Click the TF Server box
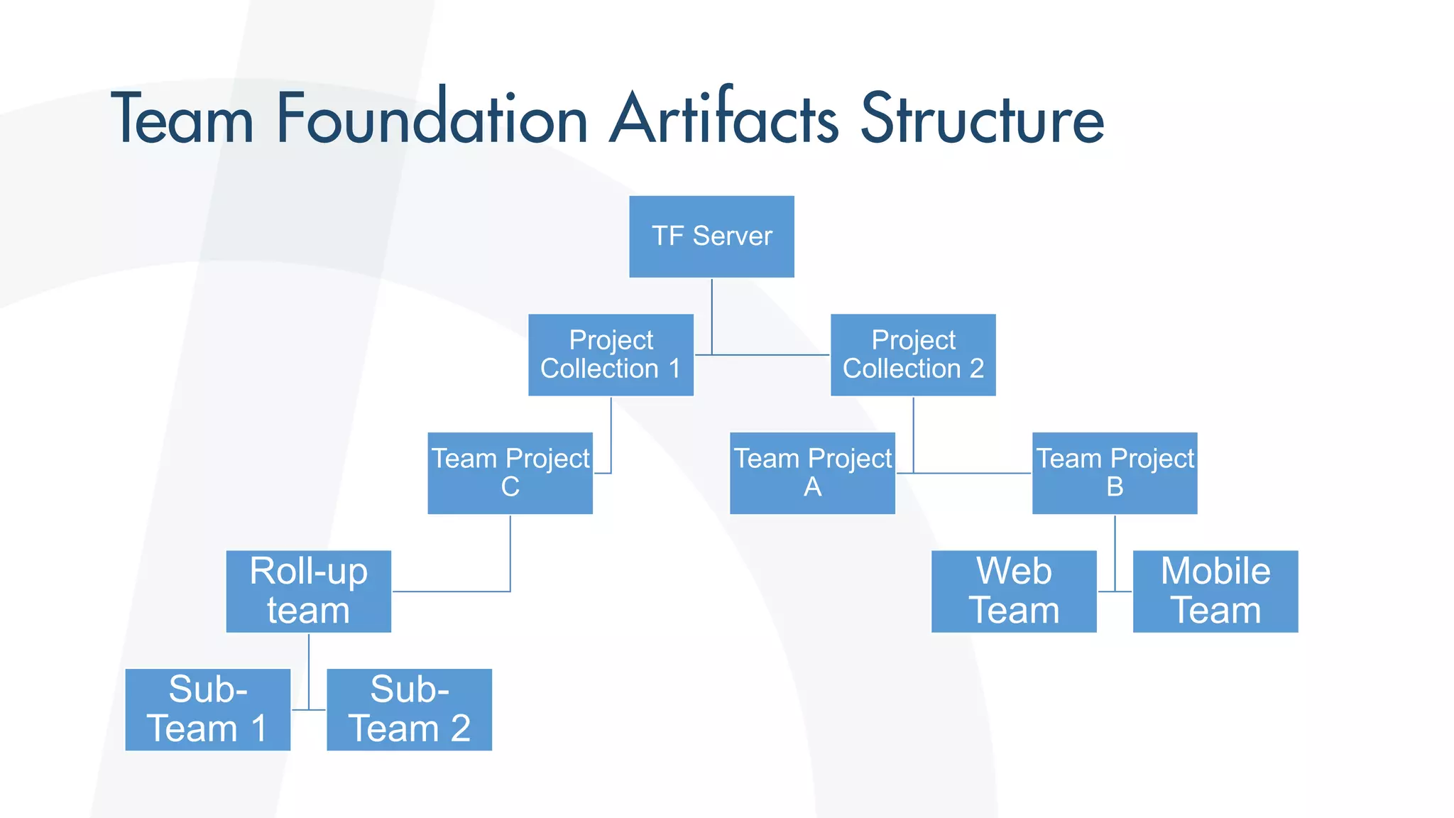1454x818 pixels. tap(711, 236)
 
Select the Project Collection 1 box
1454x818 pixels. tap(611, 354)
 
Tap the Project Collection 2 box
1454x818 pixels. tap(913, 354)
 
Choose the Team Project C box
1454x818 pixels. tap(510, 473)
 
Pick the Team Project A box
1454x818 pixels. tap(812, 473)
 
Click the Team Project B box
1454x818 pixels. tap(1115, 473)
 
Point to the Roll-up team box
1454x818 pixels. tap(308, 591)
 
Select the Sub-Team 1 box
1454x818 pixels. tap(207, 709)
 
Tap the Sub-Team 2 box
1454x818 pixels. tap(409, 709)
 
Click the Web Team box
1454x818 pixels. tap(1014, 591)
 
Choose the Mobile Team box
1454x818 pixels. tap(1215, 591)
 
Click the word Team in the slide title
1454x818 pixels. tap(182, 119)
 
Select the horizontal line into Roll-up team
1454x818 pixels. tap(451, 591)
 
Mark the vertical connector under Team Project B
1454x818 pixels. tap(1115, 550)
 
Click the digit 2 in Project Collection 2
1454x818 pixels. tap(977, 369)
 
